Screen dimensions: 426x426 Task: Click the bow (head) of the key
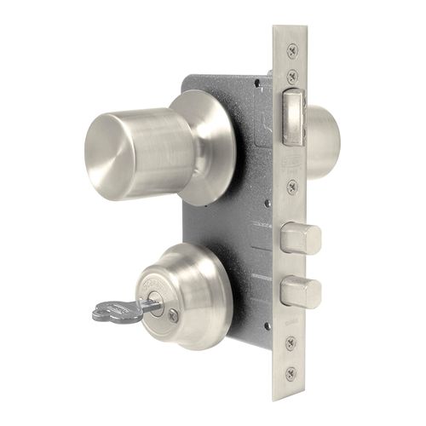tap(108, 311)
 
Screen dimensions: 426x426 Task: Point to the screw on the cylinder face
tap(175, 314)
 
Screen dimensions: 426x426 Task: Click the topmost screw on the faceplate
tap(292, 51)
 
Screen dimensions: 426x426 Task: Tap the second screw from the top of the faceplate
tap(292, 77)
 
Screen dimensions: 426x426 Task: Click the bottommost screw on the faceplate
tap(292, 371)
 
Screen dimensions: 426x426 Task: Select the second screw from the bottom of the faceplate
tap(292, 343)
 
